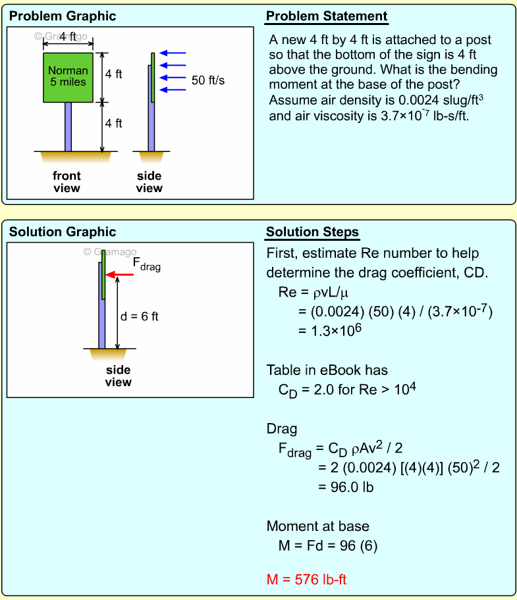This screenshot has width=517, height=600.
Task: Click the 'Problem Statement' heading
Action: coord(327,16)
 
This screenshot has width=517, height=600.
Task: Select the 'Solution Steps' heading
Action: coord(312,232)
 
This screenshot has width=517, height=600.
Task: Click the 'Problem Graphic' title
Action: coord(63,16)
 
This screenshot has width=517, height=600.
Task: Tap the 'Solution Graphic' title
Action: coord(63,232)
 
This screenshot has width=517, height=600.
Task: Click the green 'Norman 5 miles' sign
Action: coord(68,77)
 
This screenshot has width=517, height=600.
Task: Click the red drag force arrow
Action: coord(121,274)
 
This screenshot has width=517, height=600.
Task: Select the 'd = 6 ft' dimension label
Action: coord(140,316)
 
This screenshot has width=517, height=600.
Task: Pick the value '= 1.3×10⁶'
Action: coord(338,330)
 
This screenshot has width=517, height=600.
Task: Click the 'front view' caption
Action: coord(67,182)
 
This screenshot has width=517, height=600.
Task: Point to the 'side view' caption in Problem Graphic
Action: coord(149,182)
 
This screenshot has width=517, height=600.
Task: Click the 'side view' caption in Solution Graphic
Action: coord(119,376)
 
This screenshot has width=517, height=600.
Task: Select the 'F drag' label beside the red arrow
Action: coord(146,264)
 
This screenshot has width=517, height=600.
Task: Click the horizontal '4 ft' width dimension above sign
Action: coord(68,37)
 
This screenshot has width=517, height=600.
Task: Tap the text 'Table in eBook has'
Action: coord(327,370)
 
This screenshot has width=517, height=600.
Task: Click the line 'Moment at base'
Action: coord(318,526)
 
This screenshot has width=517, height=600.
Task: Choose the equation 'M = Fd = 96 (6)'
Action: coord(328,545)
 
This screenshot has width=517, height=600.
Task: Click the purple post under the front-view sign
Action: coord(68,127)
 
